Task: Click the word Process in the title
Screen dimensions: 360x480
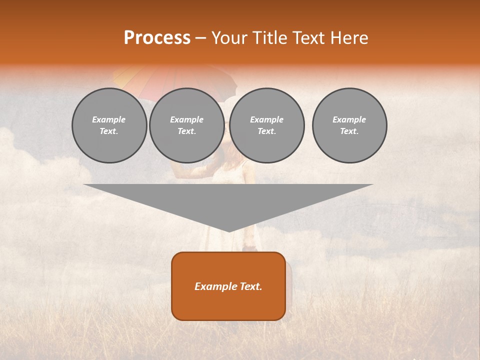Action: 157,38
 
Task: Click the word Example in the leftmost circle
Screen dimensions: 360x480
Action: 109,119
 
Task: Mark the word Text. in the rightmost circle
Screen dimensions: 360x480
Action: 349,131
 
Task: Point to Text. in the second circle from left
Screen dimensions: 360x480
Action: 186,131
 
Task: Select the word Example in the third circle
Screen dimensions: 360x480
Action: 266,119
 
